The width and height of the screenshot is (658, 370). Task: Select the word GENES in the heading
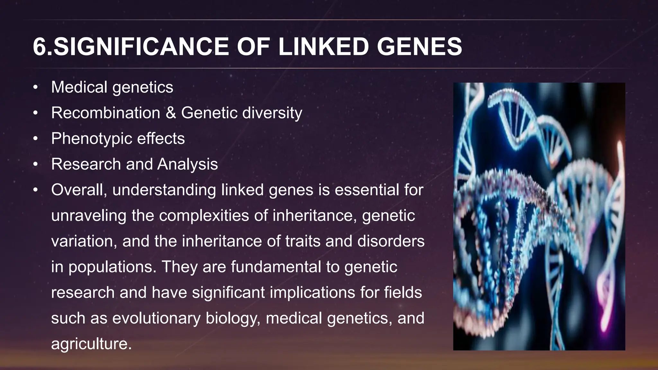(419, 47)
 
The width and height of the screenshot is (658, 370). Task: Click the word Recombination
(106, 113)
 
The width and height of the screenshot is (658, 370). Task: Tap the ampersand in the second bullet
(171, 113)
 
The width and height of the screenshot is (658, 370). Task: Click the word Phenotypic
(92, 138)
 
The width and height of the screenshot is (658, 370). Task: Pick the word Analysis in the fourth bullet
(187, 164)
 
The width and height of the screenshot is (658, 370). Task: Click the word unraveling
(89, 216)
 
